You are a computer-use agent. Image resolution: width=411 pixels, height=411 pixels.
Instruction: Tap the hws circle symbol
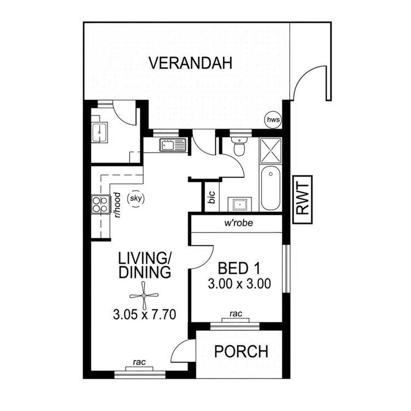click(272, 119)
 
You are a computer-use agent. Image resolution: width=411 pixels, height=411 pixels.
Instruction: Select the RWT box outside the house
click(302, 200)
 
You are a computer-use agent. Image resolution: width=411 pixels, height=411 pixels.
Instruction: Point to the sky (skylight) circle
click(135, 198)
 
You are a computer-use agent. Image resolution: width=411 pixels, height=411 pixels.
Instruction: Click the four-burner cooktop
click(100, 204)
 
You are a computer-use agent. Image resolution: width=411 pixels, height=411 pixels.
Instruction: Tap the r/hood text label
click(117, 205)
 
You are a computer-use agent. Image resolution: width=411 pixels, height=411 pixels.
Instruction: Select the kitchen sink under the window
click(173, 145)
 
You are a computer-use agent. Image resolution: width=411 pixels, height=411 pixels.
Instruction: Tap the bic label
click(212, 198)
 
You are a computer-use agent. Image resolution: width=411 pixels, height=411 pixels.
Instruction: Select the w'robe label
click(237, 223)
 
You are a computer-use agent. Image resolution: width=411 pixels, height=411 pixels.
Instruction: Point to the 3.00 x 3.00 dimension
click(239, 284)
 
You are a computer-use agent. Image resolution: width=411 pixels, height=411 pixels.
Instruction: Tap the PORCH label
click(241, 351)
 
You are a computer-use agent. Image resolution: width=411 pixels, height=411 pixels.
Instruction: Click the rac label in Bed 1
click(236, 314)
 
